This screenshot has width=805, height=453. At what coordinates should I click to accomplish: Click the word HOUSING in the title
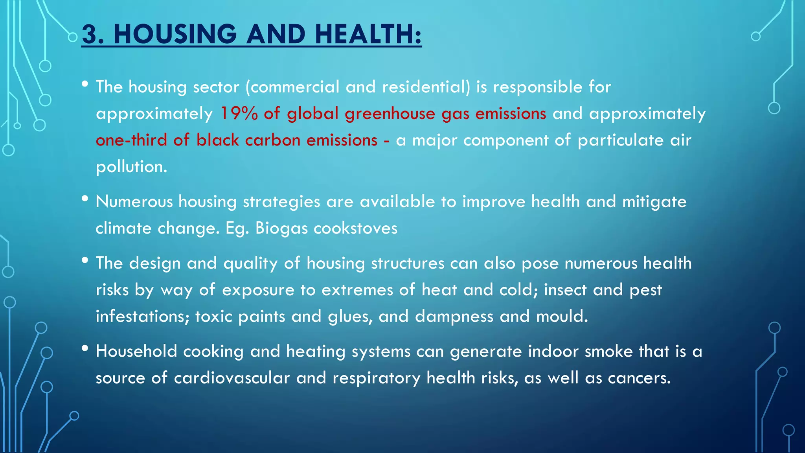pyautogui.click(x=175, y=34)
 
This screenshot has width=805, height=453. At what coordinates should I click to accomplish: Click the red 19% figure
pyautogui.click(x=239, y=114)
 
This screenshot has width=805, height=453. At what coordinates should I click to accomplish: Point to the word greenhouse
pyautogui.click(x=390, y=114)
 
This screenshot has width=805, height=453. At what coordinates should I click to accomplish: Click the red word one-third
pyautogui.click(x=131, y=140)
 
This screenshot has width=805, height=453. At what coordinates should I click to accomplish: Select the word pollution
pyautogui.click(x=131, y=167)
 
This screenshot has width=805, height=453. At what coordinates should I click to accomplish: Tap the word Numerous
pyautogui.click(x=134, y=202)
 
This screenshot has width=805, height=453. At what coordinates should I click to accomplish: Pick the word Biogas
pyautogui.click(x=281, y=228)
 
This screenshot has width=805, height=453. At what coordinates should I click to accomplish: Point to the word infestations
pyautogui.click(x=142, y=317)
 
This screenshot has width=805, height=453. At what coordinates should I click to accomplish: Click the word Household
pyautogui.click(x=136, y=352)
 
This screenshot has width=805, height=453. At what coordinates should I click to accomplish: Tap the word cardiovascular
pyautogui.click(x=232, y=378)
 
